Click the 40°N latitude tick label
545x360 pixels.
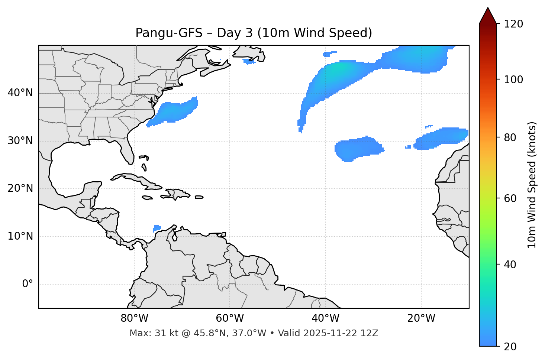[x=20, y=93]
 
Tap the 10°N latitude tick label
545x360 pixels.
[x=20, y=236]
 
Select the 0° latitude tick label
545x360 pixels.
[x=28, y=284]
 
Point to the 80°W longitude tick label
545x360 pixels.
[x=134, y=318]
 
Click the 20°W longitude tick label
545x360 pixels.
[x=421, y=318]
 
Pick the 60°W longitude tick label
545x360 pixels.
[x=230, y=318]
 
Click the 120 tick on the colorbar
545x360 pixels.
[x=513, y=24]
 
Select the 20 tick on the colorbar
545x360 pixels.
[x=510, y=347]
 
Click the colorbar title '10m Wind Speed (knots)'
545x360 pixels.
[x=532, y=185]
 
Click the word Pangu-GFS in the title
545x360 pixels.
[x=169, y=33]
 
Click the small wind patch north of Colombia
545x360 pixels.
[x=157, y=228]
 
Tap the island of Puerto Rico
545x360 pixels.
[x=199, y=197]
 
